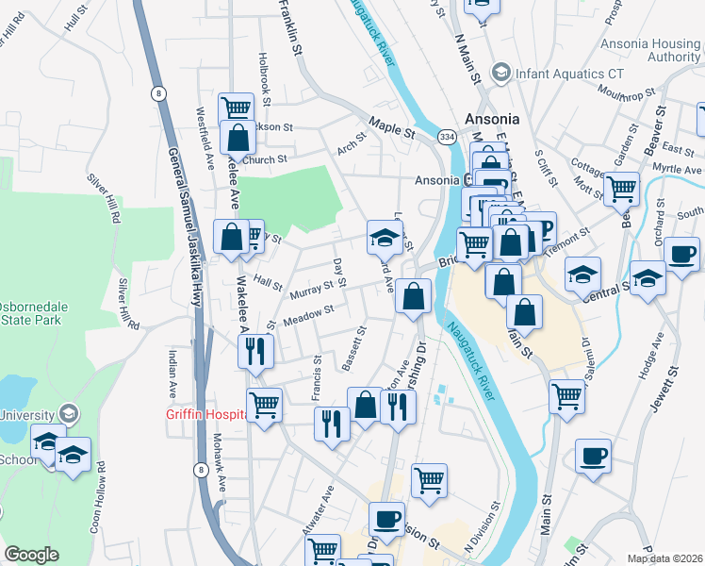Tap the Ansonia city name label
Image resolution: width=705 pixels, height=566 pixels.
tap(492, 120)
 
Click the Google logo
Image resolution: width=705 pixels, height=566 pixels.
tap(31, 555)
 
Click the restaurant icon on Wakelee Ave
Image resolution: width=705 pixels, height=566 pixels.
tap(255, 351)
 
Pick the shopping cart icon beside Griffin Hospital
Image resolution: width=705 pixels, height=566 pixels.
tap(264, 404)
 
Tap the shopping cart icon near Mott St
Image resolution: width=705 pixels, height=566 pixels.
tap(620, 189)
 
